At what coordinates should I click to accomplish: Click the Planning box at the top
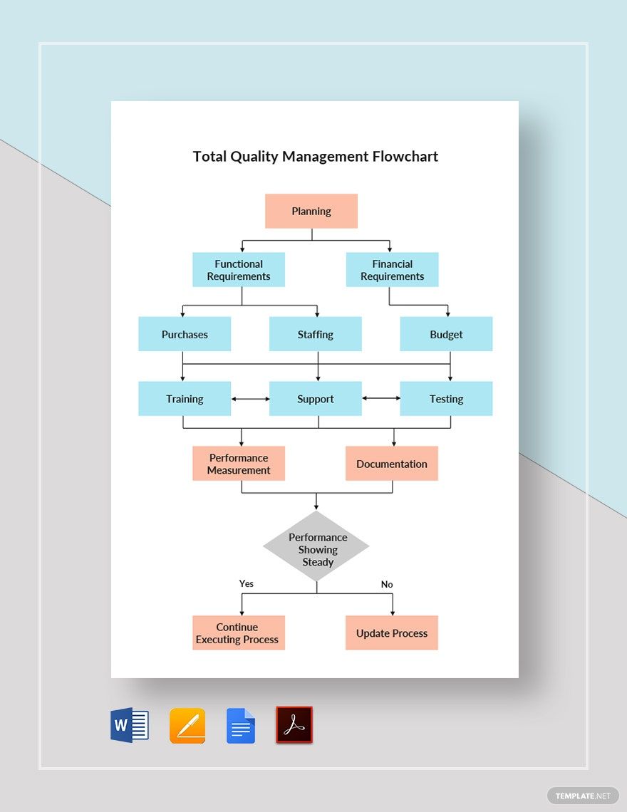[311, 212]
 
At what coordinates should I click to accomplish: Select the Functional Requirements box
[239, 270]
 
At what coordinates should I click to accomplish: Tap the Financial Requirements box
[392, 270]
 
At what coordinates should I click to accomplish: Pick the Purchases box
[185, 334]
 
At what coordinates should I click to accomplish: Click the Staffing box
[316, 334]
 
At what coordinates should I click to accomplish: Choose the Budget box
[446, 334]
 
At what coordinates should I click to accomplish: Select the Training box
[185, 399]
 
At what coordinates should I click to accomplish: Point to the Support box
[316, 399]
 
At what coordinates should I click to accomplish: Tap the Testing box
[446, 399]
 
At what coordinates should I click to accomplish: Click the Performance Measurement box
[239, 464]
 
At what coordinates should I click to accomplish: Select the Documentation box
[392, 464]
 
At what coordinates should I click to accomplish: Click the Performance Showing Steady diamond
[317, 547]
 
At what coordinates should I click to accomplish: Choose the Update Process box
[392, 633]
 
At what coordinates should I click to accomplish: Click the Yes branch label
[247, 583]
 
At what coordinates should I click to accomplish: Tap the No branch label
[387, 584]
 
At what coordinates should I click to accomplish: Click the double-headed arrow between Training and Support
[250, 399]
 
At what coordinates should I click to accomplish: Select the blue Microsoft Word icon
[130, 726]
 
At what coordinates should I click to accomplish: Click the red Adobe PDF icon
[294, 725]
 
